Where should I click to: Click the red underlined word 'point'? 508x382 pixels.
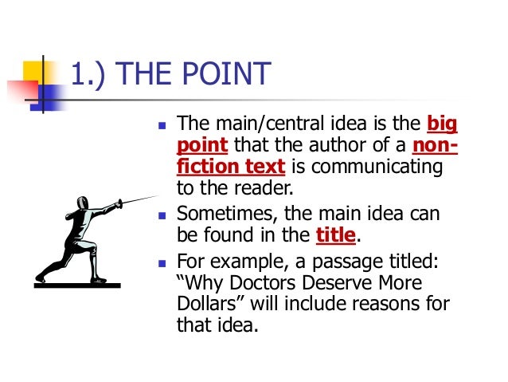tap(201, 145)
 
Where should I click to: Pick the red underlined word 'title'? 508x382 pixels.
tap(334, 235)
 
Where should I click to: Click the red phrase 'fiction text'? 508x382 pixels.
tap(230, 167)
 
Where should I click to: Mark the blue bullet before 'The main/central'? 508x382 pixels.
tap(162, 125)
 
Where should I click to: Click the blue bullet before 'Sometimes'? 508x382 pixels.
tap(162, 215)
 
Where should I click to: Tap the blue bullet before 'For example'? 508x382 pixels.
tap(162, 261)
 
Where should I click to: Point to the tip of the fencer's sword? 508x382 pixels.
tap(158, 196)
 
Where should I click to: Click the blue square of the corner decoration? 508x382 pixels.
tap(49, 96)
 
